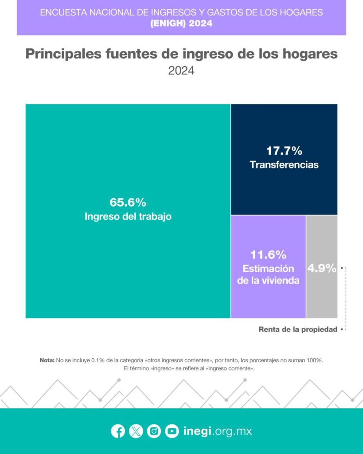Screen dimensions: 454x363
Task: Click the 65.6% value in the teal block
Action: (128, 203)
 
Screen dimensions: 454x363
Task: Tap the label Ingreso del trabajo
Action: (128, 217)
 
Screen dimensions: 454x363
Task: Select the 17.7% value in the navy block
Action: (284, 150)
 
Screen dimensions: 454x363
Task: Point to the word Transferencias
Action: (284, 165)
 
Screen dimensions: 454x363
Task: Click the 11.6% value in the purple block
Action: (268, 255)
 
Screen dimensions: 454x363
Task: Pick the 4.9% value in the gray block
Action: (321, 268)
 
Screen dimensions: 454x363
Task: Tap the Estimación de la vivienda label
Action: (268, 274)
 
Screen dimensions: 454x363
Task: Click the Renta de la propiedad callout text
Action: (298, 329)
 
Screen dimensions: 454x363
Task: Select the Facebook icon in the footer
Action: (118, 431)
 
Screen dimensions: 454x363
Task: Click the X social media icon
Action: (136, 431)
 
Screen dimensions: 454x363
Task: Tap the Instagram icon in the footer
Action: (154, 431)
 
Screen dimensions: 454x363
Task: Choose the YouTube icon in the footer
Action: (172, 431)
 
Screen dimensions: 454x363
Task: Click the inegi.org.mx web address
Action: (217, 431)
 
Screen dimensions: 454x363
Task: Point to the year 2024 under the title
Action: (181, 70)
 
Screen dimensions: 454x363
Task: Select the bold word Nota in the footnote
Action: (47, 360)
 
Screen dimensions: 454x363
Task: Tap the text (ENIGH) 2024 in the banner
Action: (181, 23)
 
